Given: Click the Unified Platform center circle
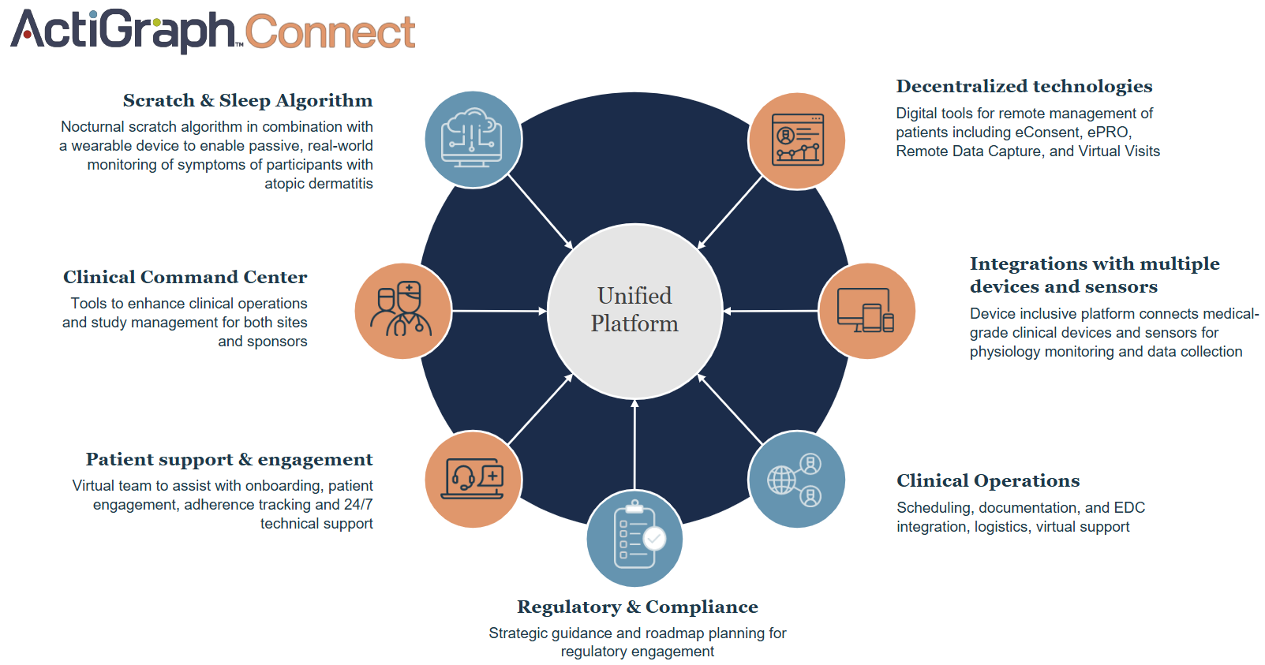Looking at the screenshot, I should [634, 311].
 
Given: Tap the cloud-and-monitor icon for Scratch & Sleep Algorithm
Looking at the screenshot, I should [473, 139].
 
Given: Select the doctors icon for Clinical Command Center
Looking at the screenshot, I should [402, 311].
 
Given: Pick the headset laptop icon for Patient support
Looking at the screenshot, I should [473, 479].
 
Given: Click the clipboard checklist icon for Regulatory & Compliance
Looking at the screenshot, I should [634, 538].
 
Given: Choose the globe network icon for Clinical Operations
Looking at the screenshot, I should [796, 479].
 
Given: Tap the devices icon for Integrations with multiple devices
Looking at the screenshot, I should [866, 311].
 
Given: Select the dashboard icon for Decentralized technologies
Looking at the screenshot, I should [797, 140].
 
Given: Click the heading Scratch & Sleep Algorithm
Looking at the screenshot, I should [247, 101].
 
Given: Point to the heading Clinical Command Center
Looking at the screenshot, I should [185, 278].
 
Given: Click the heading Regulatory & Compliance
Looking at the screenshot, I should [637, 607].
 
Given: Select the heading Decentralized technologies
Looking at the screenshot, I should [1024, 87].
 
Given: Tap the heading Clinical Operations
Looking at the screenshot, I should [987, 481].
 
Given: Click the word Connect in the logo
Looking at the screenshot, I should [330, 33].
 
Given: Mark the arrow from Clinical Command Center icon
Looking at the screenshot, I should [499, 312].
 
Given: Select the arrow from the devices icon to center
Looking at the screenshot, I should [771, 312].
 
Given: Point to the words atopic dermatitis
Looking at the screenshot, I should [318, 184].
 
